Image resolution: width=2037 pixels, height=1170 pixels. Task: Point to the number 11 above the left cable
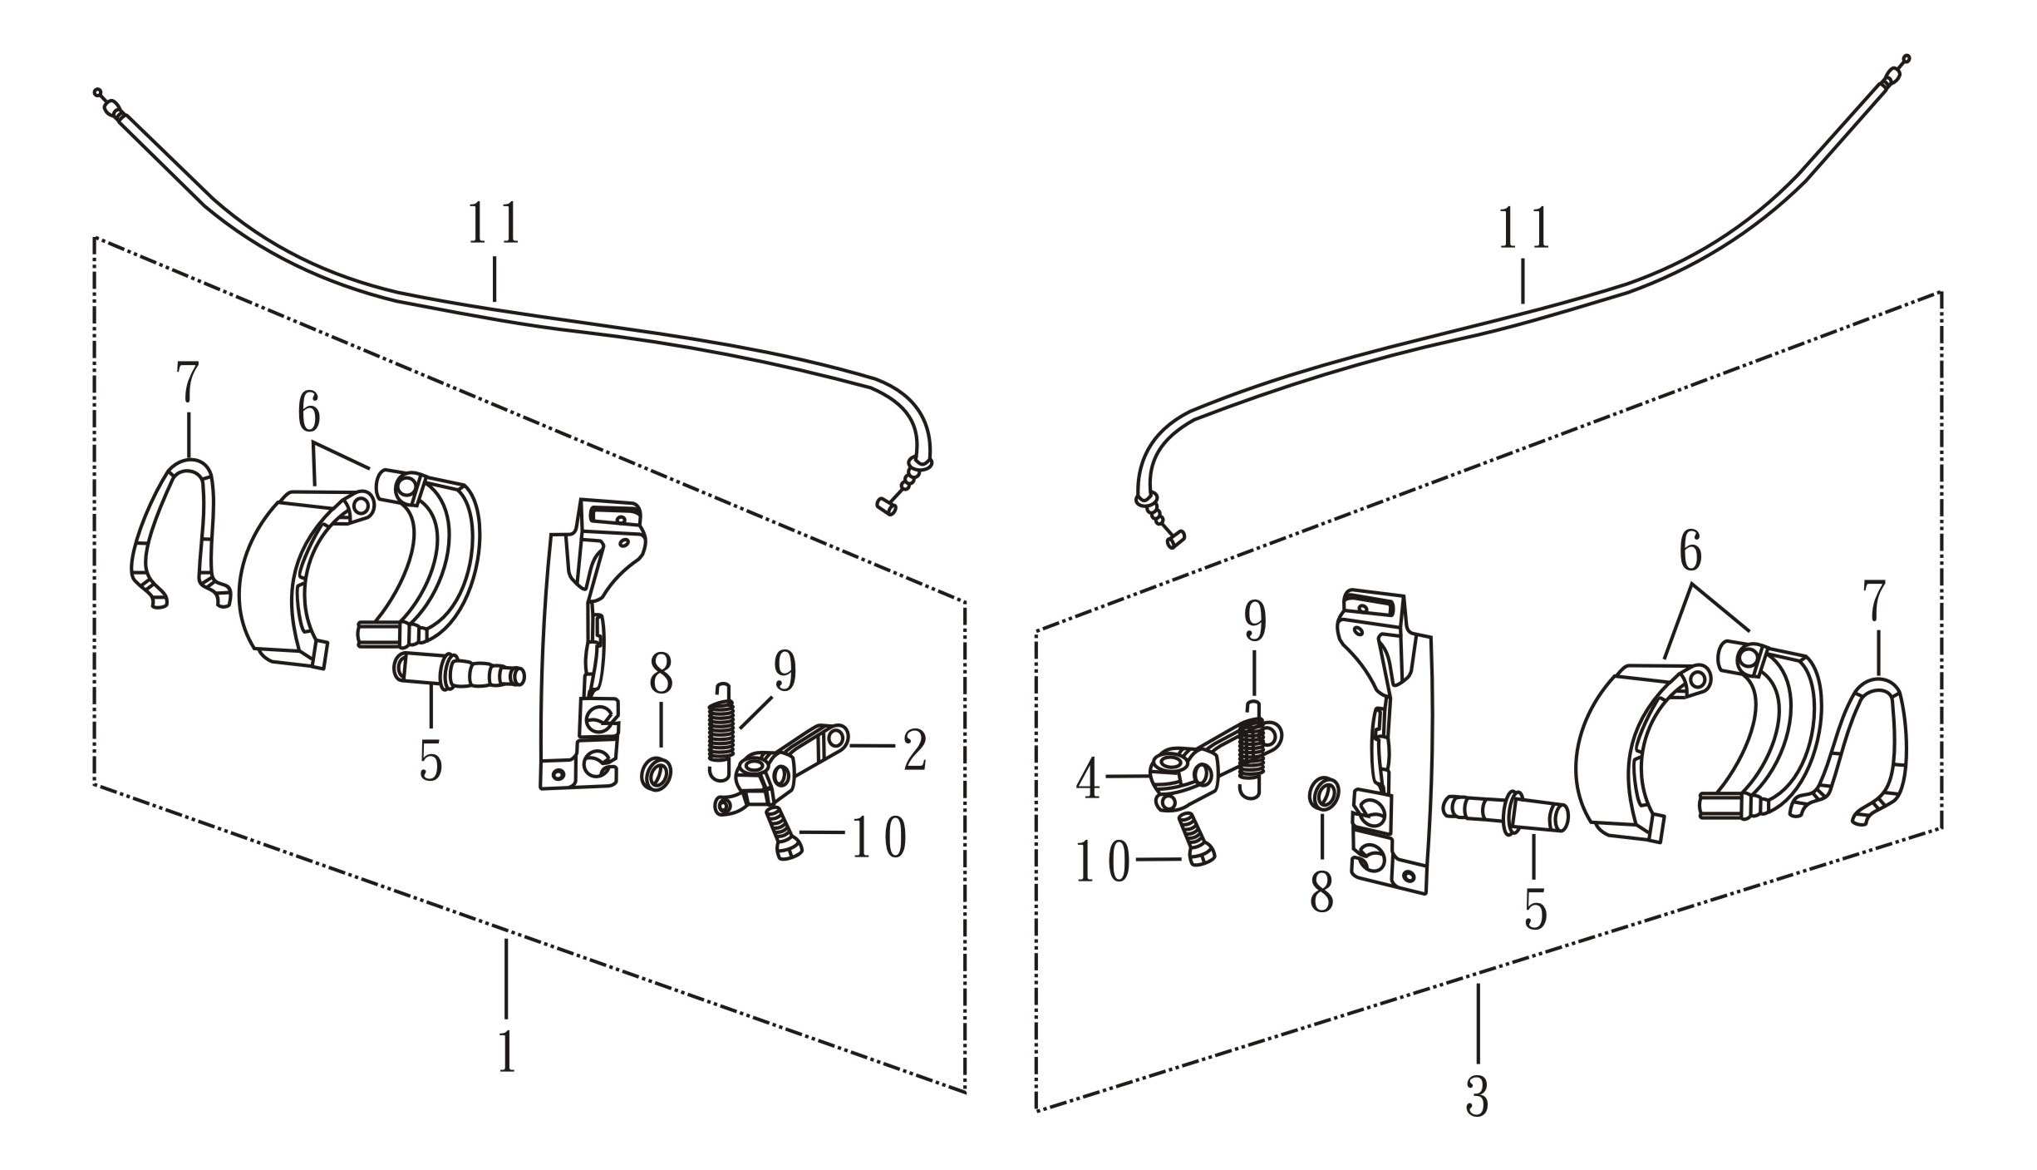494,222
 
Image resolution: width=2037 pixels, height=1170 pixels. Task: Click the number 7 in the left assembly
188,382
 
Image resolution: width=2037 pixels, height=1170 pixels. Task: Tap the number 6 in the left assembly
308,412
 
